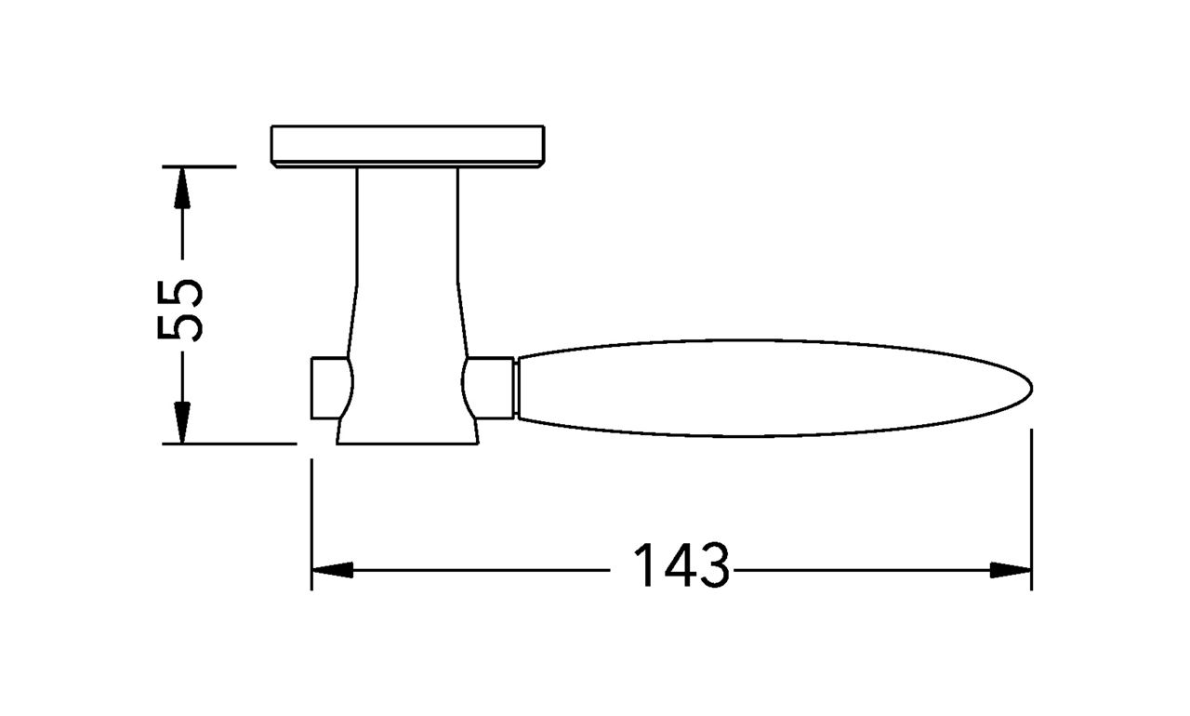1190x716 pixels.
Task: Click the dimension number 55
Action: point(179,310)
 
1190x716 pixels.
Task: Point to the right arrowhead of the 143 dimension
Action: point(1011,570)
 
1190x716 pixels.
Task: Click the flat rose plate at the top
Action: point(406,144)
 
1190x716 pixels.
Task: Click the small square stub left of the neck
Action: point(324,388)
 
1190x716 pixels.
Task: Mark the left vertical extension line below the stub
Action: point(311,521)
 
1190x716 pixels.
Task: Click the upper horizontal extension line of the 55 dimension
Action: point(199,166)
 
